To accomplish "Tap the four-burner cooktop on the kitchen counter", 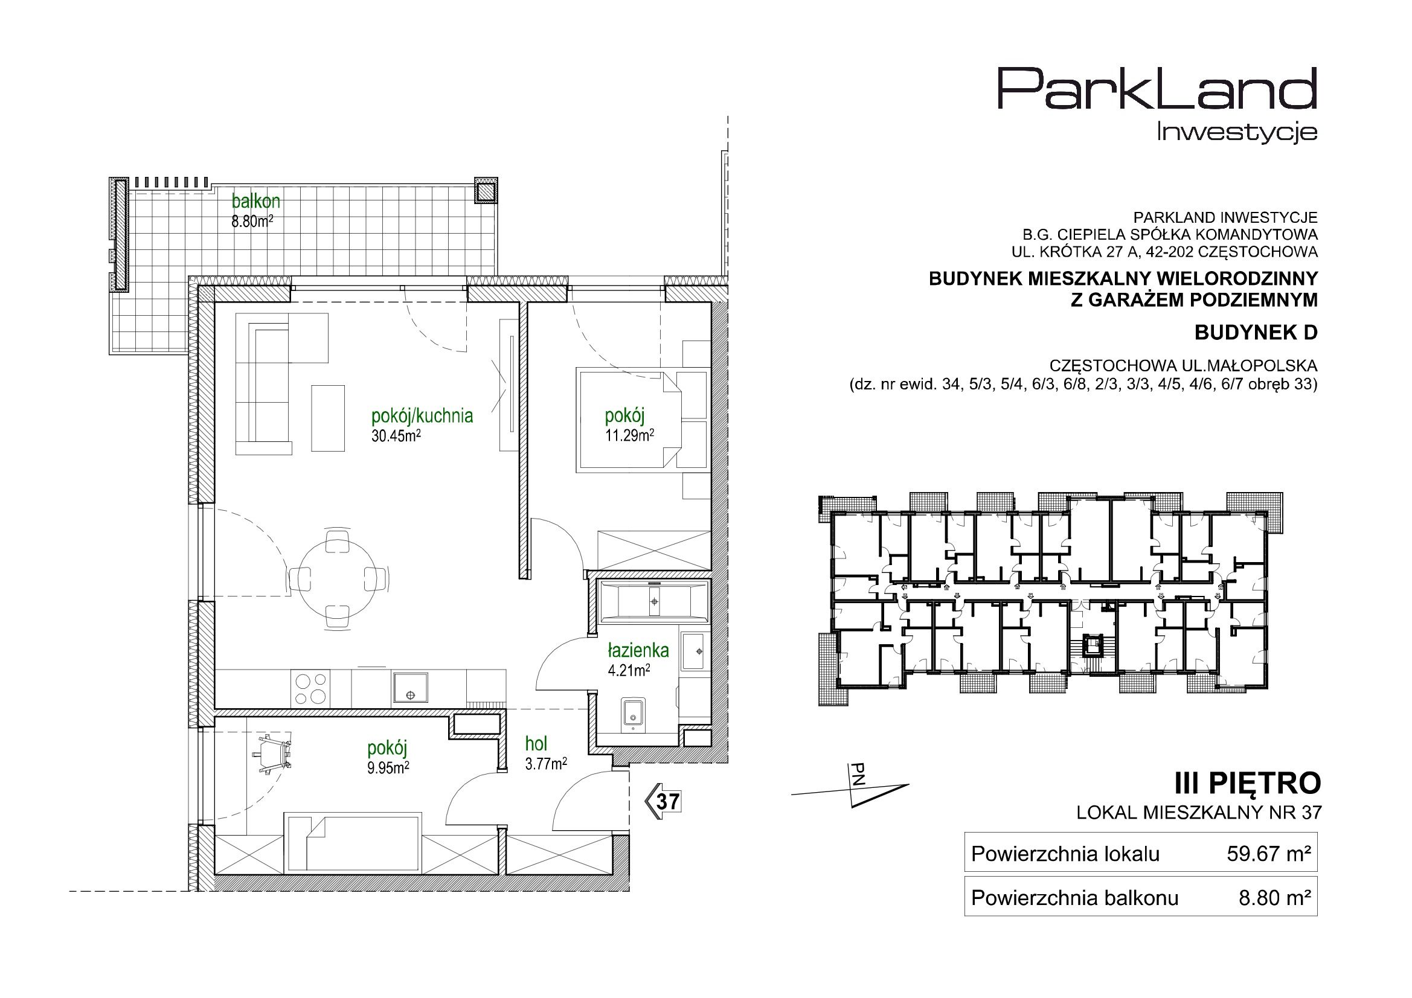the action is (x=311, y=688).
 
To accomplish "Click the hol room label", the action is (x=536, y=743).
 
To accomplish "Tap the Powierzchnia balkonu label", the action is (x=1074, y=898).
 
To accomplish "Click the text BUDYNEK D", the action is (x=1256, y=333).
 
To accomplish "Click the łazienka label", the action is (x=638, y=650).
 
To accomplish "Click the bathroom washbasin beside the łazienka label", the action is (x=696, y=650).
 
